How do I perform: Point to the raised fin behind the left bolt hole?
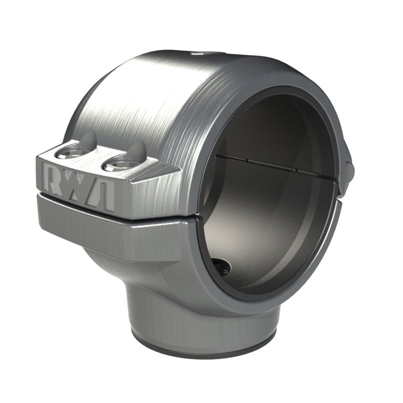click(88, 140)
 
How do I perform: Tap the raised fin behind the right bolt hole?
click(138, 150)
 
